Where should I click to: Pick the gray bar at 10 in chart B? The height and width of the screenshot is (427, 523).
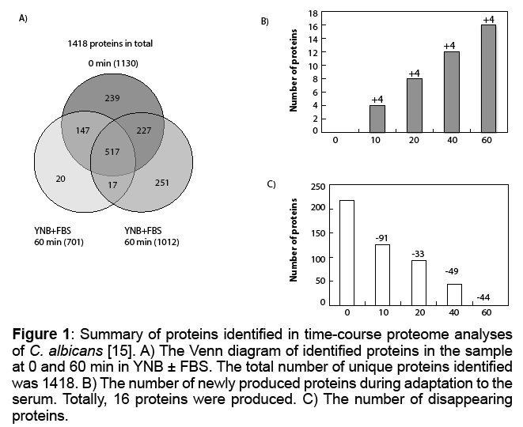pyautogui.click(x=376, y=118)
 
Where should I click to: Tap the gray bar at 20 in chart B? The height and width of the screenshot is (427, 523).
pyautogui.click(x=413, y=104)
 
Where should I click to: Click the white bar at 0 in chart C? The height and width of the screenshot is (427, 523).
pyautogui.click(x=347, y=252)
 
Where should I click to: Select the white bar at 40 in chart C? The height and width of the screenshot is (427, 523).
pyautogui.click(x=454, y=294)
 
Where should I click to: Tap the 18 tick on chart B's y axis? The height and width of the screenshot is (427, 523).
pyautogui.click(x=313, y=13)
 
